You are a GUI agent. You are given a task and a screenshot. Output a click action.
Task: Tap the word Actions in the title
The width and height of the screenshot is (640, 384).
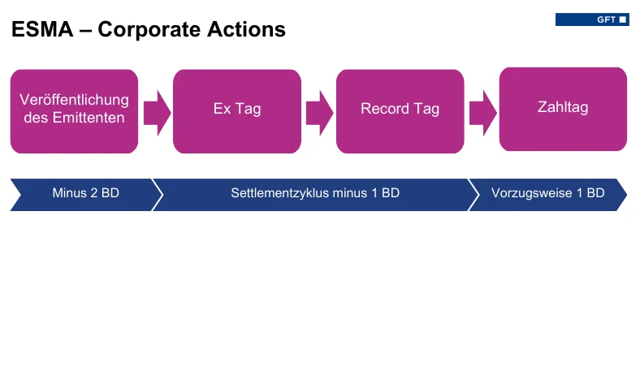coord(245,30)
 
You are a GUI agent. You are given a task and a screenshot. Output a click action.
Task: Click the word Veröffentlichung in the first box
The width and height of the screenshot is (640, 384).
coord(74,100)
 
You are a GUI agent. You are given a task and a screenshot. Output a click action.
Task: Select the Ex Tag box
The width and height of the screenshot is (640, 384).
coord(237,110)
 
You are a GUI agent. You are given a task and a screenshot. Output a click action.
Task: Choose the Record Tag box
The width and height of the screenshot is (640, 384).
coord(400,110)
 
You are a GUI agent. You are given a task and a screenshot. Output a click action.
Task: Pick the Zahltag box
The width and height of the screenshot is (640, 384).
coord(563,108)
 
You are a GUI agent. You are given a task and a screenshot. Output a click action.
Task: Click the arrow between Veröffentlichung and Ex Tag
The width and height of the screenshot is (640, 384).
coord(157,112)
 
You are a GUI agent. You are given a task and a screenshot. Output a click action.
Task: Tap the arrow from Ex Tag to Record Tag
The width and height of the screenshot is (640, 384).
coord(319,112)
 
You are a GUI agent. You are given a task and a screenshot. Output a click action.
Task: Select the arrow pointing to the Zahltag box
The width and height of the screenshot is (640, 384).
coord(482,112)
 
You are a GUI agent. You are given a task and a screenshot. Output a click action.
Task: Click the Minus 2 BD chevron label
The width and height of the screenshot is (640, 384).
coord(85,194)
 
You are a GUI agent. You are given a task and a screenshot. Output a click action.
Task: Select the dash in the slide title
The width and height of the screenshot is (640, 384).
coord(84,31)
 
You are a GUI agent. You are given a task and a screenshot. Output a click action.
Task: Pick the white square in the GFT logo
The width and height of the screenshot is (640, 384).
coord(623,19)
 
